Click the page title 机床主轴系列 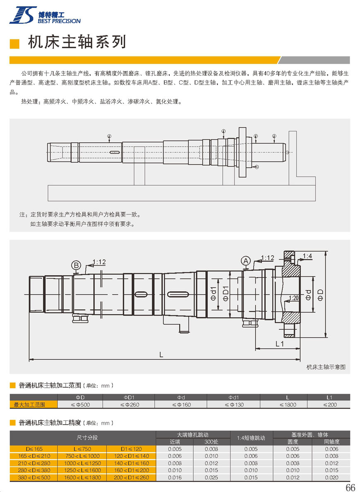77,42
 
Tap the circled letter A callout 246,261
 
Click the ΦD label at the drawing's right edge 320,294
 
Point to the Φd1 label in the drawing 214,293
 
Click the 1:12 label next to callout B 99,262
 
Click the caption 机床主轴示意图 326,367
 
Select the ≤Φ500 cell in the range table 80,405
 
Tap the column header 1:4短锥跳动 251,438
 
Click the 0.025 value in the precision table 211,478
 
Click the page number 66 350,487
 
